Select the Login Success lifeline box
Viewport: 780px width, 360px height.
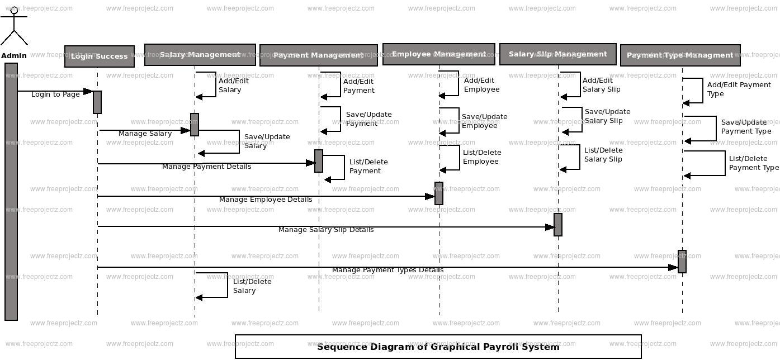pos(100,56)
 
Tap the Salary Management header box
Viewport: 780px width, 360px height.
pos(200,55)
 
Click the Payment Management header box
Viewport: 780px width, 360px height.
pos(319,55)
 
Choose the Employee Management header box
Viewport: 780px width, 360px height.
pos(439,54)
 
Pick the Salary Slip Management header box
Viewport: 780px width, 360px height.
pos(558,54)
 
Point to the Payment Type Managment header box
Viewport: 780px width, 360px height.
pos(680,55)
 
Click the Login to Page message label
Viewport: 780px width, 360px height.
pos(55,94)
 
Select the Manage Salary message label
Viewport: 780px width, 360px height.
pos(145,134)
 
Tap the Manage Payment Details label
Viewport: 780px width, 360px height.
pos(206,167)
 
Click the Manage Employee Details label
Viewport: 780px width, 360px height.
pos(266,200)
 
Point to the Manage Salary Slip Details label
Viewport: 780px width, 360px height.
pos(326,230)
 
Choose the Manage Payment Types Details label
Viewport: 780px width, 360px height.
pos(387,270)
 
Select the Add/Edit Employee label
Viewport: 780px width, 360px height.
pos(481,85)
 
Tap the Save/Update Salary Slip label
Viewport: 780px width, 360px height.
pos(607,116)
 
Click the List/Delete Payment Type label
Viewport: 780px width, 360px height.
pos(753,163)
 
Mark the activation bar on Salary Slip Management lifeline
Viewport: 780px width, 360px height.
pos(558,225)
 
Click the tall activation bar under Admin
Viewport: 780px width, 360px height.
pos(11,191)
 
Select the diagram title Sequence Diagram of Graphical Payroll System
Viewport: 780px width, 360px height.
pos(438,347)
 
